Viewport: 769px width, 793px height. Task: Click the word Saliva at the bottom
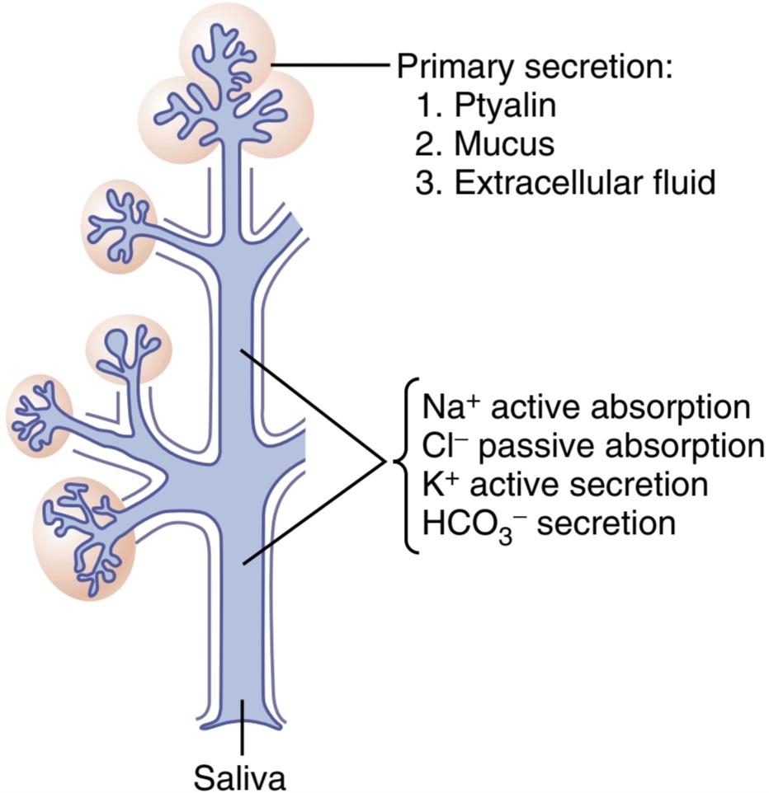pos(239,777)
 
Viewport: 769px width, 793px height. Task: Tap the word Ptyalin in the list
pos(505,106)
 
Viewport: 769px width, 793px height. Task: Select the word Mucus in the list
pos(504,143)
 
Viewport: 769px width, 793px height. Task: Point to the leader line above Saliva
pos(243,728)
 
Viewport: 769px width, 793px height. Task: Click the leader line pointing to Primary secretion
pos(332,65)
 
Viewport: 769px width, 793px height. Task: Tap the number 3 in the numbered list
pos(424,182)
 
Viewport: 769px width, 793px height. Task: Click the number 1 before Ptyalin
pos(424,106)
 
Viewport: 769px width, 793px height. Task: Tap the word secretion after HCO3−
pos(606,523)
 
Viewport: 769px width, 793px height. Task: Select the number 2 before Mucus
pos(424,143)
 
